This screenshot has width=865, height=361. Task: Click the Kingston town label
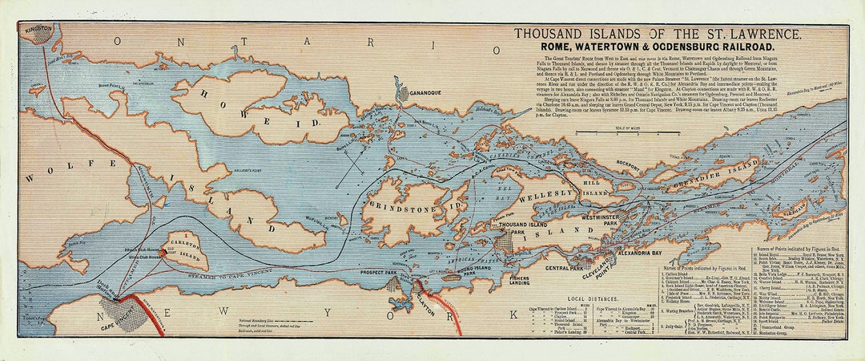coord(37,29)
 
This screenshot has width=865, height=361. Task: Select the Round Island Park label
coord(455,270)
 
